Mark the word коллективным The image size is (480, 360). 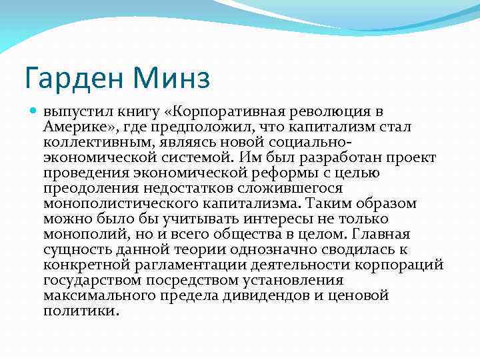[93, 142]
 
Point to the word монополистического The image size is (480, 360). [114, 203]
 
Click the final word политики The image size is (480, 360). [81, 311]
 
